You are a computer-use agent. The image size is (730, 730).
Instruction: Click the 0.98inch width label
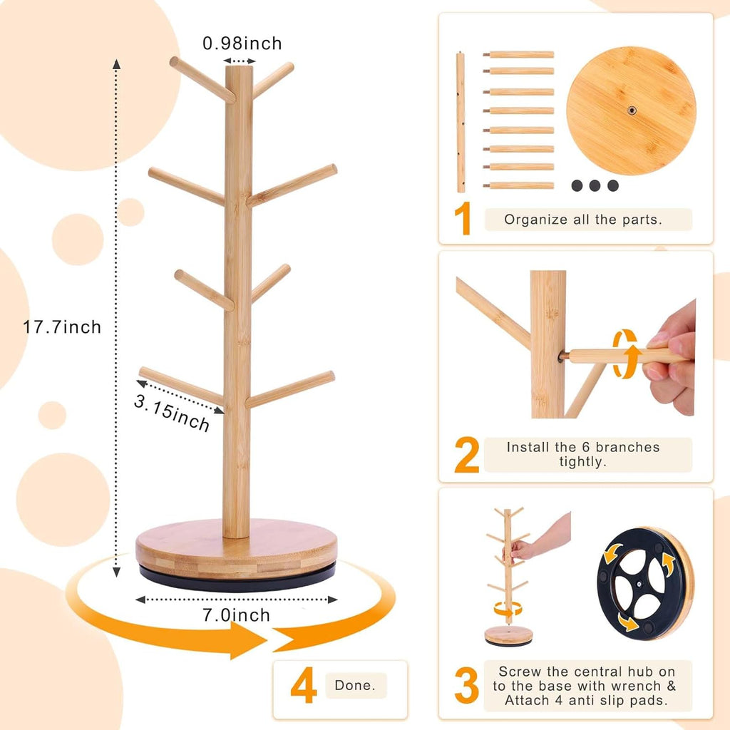click(x=242, y=43)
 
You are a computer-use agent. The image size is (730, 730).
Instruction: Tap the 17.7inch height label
click(x=62, y=327)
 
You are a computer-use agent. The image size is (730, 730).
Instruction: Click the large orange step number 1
click(x=464, y=219)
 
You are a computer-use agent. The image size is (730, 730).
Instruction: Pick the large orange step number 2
click(x=466, y=456)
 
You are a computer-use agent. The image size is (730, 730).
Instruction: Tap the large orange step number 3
click(x=466, y=685)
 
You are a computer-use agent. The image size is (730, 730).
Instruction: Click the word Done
click(x=356, y=686)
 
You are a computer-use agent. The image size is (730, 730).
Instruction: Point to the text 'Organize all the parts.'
click(x=583, y=220)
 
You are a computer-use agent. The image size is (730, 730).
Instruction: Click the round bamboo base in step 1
click(x=631, y=110)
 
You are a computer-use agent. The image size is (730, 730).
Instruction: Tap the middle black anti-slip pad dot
click(x=595, y=185)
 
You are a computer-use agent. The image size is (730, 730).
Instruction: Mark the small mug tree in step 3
click(x=508, y=570)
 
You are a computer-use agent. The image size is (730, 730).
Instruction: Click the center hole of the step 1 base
click(x=632, y=110)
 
